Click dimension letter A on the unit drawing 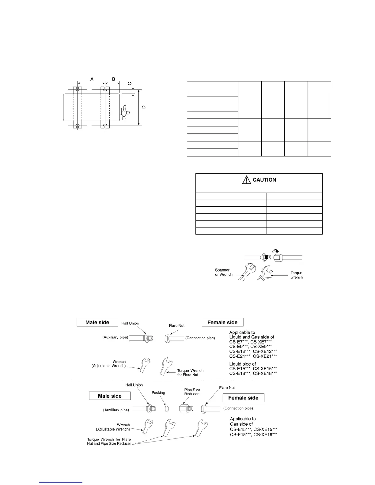92,79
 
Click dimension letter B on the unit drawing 113,79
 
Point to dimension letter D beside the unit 144,107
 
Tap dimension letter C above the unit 130,84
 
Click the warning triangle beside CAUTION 246,180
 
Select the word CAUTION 264,180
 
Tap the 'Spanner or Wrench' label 224,273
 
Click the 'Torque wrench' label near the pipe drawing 296,275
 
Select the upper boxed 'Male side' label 97,322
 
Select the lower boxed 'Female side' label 243,398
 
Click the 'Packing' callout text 158,393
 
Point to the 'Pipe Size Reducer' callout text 192,392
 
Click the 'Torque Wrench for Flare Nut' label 190,373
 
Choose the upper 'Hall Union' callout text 130,323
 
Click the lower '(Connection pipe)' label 238,408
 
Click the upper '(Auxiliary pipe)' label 115,337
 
